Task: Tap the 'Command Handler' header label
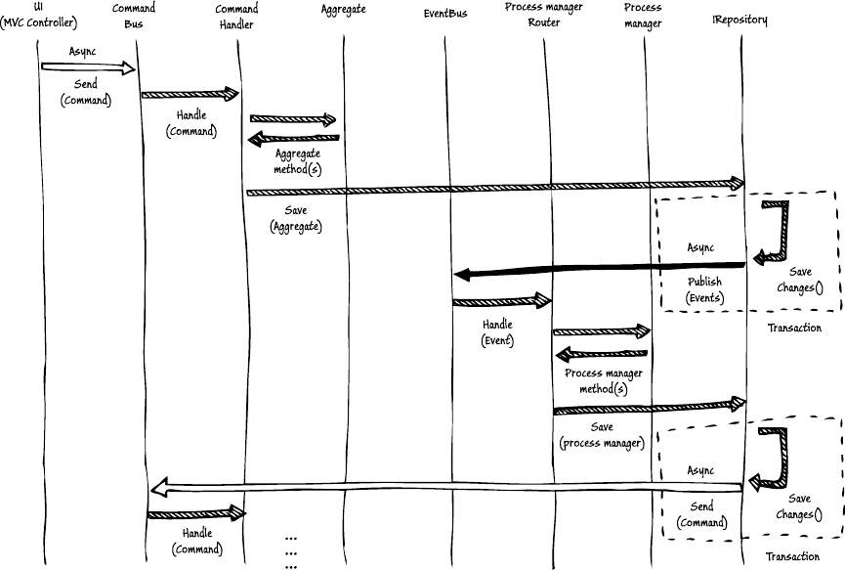236,15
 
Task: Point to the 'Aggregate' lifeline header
343,9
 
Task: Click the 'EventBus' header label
445,13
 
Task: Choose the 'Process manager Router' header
544,15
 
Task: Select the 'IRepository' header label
739,19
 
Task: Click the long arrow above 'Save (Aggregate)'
495,187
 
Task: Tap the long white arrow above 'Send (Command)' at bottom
448,485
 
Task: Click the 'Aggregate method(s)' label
296,161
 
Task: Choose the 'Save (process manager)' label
601,435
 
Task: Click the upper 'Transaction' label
793,329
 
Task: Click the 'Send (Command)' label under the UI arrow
85,93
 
